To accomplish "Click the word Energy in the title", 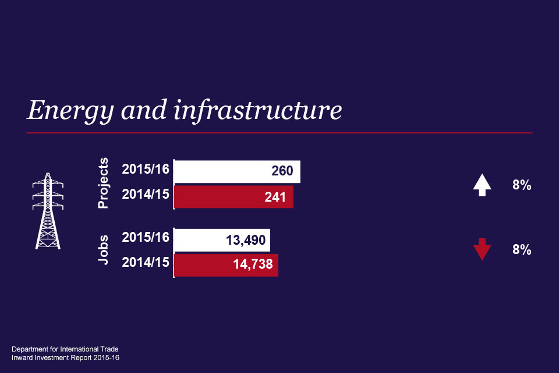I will (65, 110).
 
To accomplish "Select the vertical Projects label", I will (104, 183).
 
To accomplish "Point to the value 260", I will (282, 172).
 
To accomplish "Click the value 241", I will (275, 197).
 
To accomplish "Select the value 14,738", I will (252, 265).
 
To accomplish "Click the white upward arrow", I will (482, 185).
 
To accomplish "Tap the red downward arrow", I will (482, 249).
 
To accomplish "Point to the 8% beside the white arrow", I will (522, 186).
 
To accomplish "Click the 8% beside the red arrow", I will (522, 249).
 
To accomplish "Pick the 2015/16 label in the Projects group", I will (146, 170).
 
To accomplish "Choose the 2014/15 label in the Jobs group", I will (146, 262).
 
